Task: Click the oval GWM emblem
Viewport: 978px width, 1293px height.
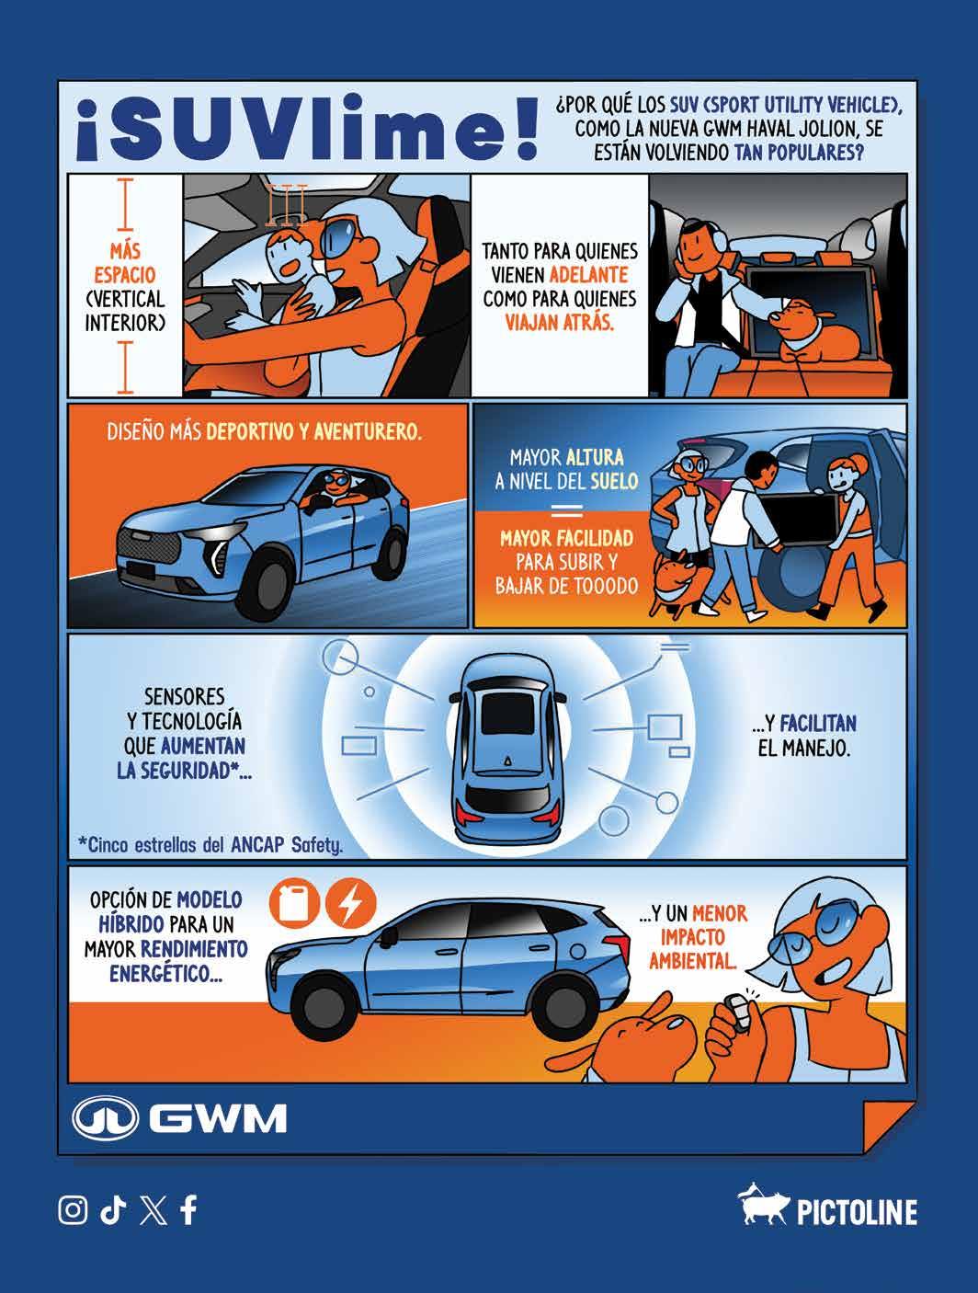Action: (105, 1118)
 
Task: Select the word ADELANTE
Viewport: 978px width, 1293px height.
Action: (589, 275)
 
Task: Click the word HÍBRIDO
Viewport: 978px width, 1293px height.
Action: (131, 924)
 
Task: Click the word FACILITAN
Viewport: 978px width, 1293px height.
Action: (818, 724)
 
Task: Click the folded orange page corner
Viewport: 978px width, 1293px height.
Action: (889, 1126)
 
